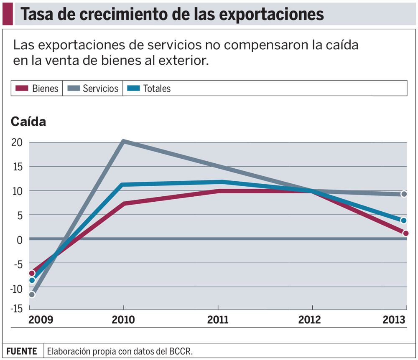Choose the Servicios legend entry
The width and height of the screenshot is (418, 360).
[x=93, y=89]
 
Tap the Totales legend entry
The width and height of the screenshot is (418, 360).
[x=149, y=89]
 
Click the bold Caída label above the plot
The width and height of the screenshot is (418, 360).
[x=28, y=122]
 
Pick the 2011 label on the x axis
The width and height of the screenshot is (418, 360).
[x=218, y=320]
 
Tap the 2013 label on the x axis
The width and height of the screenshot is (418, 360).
[x=394, y=320]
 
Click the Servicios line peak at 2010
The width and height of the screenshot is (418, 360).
[x=123, y=142]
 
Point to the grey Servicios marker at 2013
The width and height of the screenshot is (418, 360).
[x=404, y=194]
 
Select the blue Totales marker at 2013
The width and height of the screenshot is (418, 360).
[x=404, y=221]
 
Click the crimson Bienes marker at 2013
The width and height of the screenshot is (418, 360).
[x=405, y=233]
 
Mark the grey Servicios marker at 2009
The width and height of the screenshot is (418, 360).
[x=32, y=294]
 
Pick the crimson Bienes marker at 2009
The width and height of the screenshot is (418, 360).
[x=32, y=273]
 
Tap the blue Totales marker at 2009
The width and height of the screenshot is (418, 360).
[x=32, y=280]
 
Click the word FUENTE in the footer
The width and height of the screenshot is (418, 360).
[x=22, y=351]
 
